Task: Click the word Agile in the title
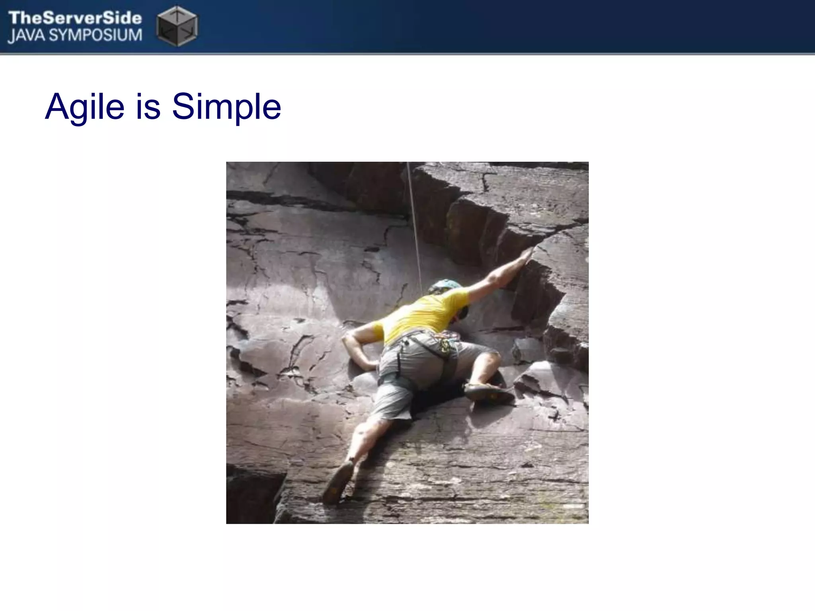85,107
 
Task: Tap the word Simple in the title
226,107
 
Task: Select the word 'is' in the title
148,107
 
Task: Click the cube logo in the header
177,26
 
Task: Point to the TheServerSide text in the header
75,18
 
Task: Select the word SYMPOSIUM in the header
96,35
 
